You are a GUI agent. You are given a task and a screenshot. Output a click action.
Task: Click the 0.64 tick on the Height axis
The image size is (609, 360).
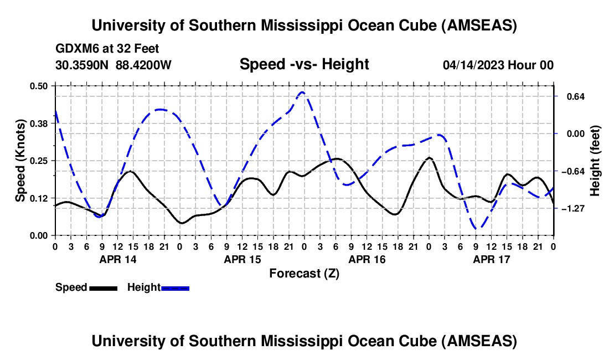570,96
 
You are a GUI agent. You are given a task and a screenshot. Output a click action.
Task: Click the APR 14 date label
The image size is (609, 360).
117,259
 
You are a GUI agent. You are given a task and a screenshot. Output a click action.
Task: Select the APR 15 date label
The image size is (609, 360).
242,259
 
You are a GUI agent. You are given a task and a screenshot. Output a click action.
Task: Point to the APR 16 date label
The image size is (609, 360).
367,259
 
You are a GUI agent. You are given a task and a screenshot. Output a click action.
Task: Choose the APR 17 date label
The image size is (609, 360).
491,259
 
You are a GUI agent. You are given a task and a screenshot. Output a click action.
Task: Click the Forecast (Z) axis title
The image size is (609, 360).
304,273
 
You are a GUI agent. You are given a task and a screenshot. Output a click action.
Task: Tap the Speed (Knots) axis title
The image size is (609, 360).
20,161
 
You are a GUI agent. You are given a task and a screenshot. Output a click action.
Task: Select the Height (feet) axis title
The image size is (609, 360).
595,161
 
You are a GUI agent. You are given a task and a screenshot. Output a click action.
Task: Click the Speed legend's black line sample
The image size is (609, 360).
102,287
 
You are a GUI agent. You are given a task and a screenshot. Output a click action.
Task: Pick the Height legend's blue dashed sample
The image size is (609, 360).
175,287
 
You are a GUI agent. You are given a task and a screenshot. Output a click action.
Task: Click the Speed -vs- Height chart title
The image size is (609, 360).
304,65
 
